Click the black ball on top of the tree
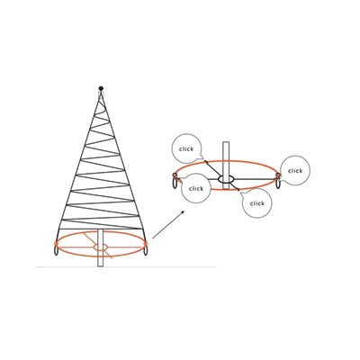pos(101,88)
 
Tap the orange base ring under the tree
pos(101,256)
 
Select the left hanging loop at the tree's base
pos(56,250)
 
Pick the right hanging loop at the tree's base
pos(146,250)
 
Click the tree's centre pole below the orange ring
pos(101,262)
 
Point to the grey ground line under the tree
pos(126,266)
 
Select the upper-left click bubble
pos(186,148)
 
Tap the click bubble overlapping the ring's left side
pos(196,188)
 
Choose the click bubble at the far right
pos(295,170)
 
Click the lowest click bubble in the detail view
pos(256,203)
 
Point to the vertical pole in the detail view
pos(226,166)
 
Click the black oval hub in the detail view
pos(226,179)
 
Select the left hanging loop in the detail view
pos(175,183)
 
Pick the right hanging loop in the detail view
pos(279,183)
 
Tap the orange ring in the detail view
pos(227,162)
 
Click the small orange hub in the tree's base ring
pos(101,247)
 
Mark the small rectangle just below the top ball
pos(101,94)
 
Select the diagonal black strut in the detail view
pos(222,175)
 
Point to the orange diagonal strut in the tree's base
pos(98,245)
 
